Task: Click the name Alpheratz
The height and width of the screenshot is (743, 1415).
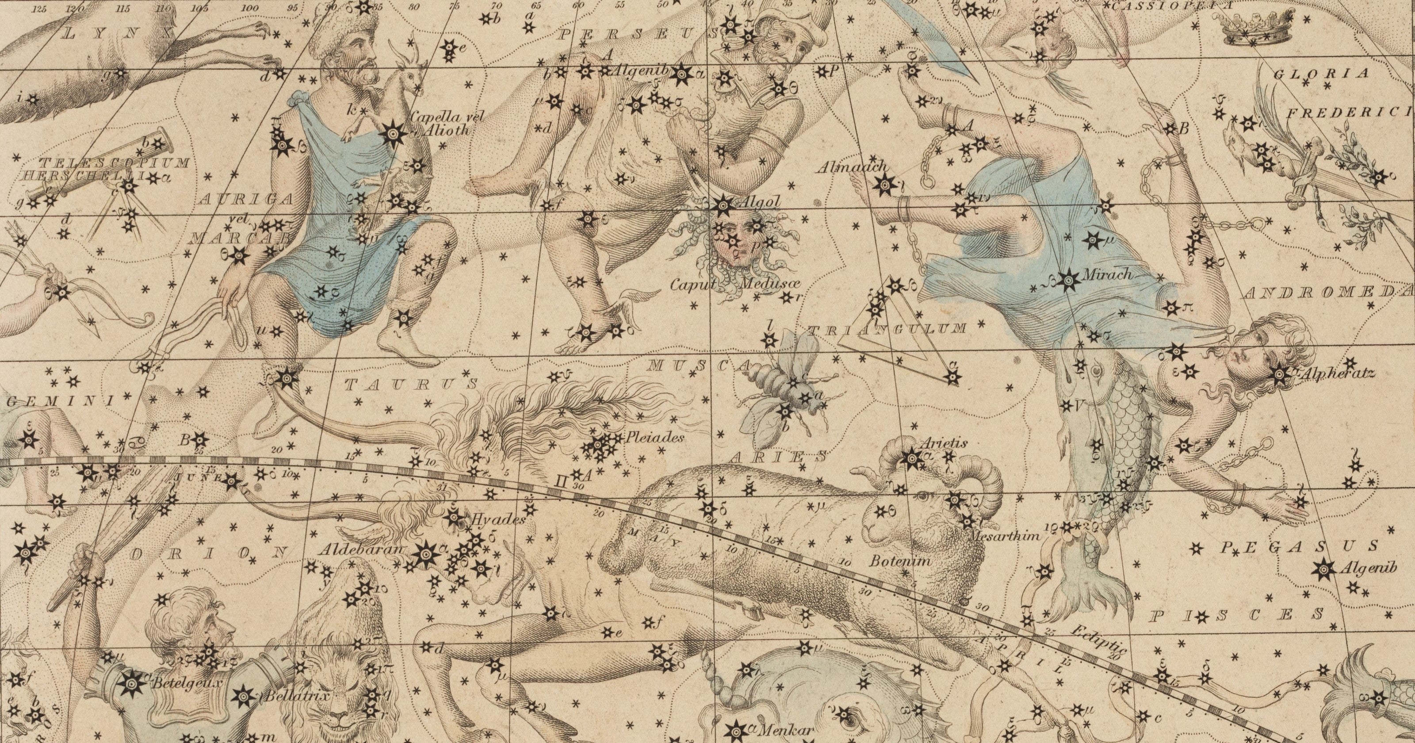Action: coord(1336,373)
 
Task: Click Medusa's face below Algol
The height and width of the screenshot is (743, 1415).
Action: coord(736,247)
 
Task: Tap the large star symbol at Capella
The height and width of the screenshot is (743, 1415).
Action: coord(394,132)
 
